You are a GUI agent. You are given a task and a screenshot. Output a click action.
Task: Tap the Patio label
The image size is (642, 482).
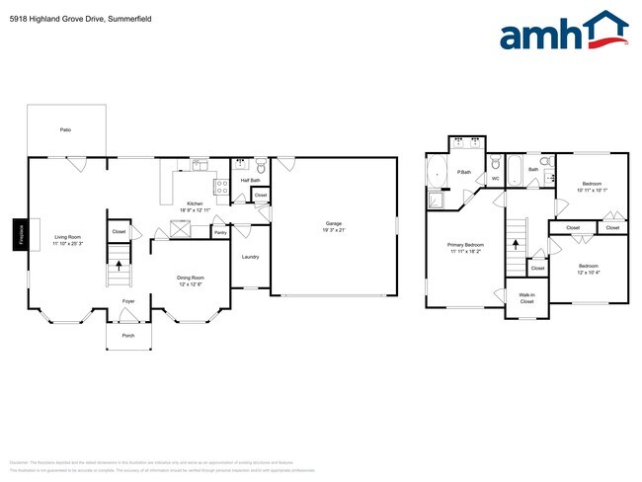click(65, 129)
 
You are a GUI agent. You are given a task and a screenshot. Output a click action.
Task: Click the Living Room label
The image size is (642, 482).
click(67, 237)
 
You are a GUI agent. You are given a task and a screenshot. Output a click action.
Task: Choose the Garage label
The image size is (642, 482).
click(334, 223)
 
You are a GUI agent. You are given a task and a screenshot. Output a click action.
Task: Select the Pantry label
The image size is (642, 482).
click(219, 232)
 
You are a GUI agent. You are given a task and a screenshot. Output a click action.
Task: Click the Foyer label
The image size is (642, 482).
click(128, 300)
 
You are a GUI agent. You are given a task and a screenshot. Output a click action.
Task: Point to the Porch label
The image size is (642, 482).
click(128, 335)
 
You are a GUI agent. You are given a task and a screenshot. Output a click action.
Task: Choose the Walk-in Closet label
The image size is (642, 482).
click(526, 298)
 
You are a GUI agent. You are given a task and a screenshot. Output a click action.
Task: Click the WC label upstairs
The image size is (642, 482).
click(496, 179)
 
